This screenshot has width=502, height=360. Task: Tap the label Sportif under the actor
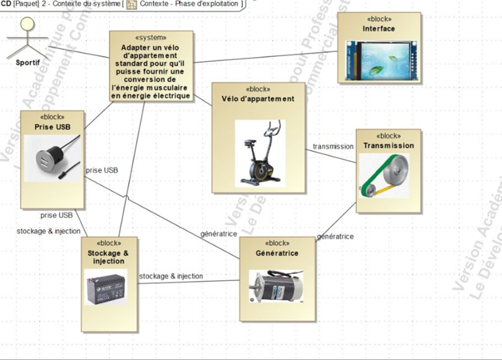(x=28, y=62)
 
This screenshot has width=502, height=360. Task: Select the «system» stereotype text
(x=152, y=37)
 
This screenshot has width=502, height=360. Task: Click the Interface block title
(x=379, y=29)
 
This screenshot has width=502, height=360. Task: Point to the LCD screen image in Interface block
(x=379, y=60)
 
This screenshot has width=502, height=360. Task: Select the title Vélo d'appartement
(x=258, y=99)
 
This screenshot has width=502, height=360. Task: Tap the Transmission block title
(x=389, y=145)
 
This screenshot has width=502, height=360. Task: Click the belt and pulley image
(x=384, y=175)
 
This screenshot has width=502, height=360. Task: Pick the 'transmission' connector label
(x=333, y=146)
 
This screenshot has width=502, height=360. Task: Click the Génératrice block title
(x=277, y=253)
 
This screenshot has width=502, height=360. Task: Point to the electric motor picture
(x=276, y=287)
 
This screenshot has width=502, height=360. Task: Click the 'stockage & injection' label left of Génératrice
(x=171, y=277)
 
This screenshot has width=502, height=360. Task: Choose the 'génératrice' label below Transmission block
(x=335, y=237)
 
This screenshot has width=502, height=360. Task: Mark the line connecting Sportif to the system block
(x=78, y=52)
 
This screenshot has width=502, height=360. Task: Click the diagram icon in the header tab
(x=132, y=4)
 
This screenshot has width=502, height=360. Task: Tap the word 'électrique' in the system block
(x=173, y=95)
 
